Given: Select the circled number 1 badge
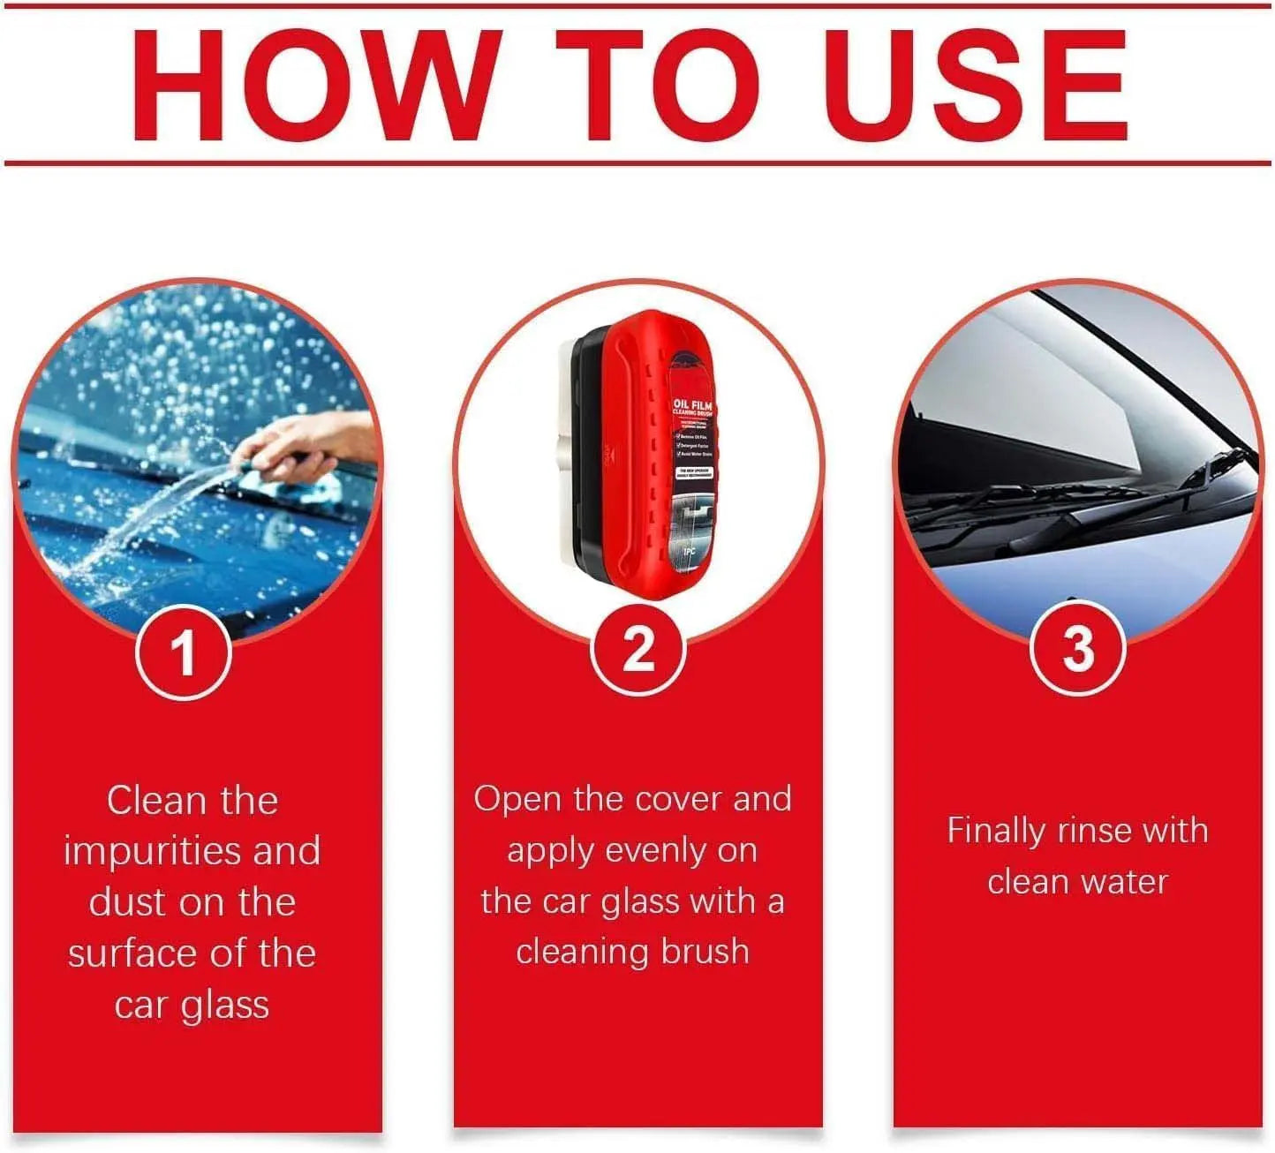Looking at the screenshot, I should point(184,654).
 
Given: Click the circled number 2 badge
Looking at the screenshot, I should point(638,650).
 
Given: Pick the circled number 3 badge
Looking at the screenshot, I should point(1077,649).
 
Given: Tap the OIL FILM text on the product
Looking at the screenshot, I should point(692,405).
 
